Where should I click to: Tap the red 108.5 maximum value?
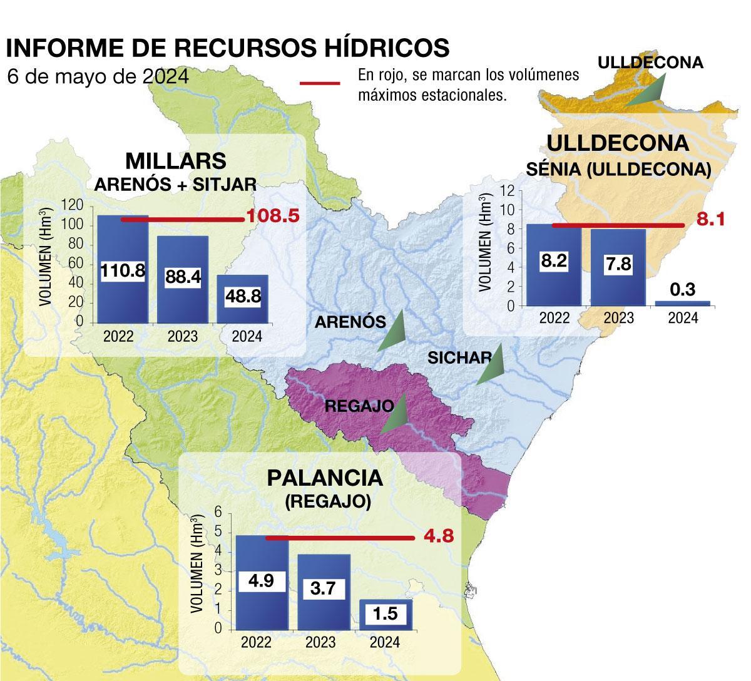coord(273,217)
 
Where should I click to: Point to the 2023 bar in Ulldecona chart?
coord(618,288)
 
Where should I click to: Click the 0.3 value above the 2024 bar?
coord(683,290)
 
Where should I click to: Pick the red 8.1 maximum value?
coord(711,220)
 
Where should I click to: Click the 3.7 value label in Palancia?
coord(324,588)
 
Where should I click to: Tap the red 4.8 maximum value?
coord(438,536)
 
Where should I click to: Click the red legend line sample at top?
coord(320,83)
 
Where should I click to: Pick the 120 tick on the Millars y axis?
coord(73,205)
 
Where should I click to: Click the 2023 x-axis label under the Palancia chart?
coord(321,642)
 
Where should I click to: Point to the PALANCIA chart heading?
coord(324,478)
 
